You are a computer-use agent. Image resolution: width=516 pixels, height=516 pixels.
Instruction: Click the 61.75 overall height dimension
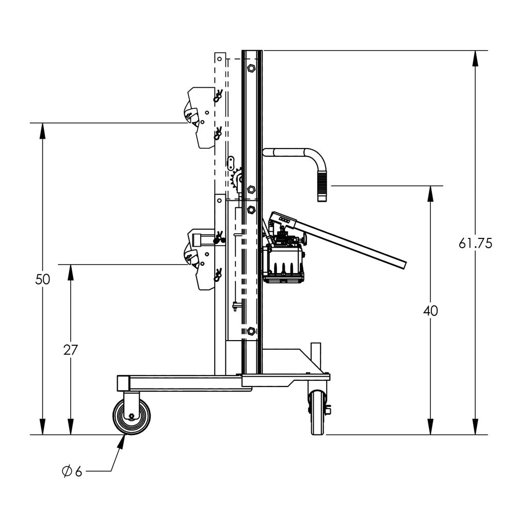[x=475, y=243]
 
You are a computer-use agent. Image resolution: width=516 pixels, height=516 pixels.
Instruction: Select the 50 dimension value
[x=43, y=279]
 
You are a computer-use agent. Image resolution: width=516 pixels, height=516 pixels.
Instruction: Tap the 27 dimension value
[x=71, y=350]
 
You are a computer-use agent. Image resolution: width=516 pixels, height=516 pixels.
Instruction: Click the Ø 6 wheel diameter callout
[x=72, y=471]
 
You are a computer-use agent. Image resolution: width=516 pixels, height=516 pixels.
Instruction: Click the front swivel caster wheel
[x=131, y=416]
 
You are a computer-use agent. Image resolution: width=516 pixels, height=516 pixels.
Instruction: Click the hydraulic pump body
[x=284, y=263]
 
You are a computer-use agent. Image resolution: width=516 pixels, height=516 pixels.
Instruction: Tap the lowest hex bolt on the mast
[x=251, y=331]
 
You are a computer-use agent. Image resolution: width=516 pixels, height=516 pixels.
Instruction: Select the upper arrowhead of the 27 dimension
[x=71, y=271]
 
